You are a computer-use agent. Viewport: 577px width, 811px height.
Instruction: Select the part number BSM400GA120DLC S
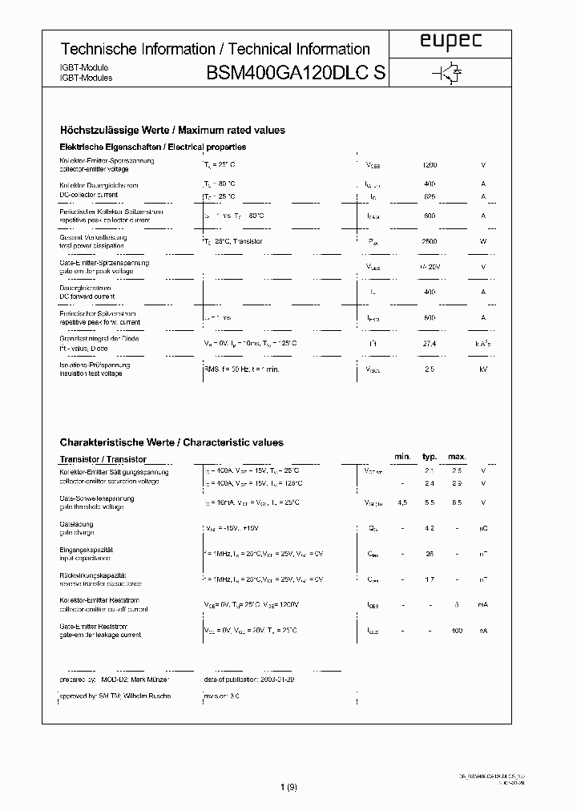pos(297,74)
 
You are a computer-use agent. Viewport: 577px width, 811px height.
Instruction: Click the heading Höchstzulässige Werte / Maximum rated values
pos(172,130)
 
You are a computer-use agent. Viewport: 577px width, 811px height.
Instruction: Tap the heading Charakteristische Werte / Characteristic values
pos(171,442)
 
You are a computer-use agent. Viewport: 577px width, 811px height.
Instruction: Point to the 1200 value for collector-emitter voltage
pos(430,165)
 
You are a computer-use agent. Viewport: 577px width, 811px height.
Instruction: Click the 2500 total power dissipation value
pos(430,241)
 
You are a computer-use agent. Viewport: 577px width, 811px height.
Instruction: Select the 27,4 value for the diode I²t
pos(430,343)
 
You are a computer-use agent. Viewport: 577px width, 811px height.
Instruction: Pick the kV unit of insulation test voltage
pos(483,369)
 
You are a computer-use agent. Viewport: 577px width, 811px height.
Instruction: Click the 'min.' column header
pos(401,457)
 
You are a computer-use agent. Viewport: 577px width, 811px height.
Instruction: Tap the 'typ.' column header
pos(430,457)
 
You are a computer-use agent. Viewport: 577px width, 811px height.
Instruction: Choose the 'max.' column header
pos(457,457)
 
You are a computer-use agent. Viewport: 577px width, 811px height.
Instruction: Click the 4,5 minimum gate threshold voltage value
pos(401,502)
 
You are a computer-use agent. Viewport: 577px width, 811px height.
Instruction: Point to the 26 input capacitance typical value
pos(430,554)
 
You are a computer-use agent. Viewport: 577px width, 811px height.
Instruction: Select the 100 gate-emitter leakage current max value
pos(457,631)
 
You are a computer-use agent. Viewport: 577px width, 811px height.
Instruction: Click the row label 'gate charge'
pos(77,532)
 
